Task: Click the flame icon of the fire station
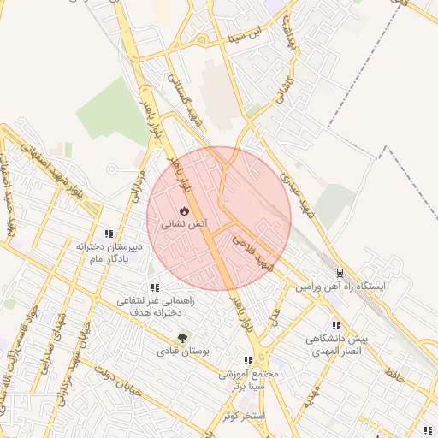[x=183, y=210]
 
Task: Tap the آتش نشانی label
[x=183, y=224]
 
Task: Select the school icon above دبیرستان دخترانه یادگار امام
[x=109, y=234]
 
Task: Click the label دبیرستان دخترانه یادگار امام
[x=115, y=252]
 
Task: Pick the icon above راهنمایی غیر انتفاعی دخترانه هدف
[x=155, y=288]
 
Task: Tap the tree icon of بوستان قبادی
[x=181, y=337]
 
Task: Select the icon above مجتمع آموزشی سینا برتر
[x=248, y=361]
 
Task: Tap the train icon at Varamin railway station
[x=340, y=273]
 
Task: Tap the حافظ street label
[x=393, y=375]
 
